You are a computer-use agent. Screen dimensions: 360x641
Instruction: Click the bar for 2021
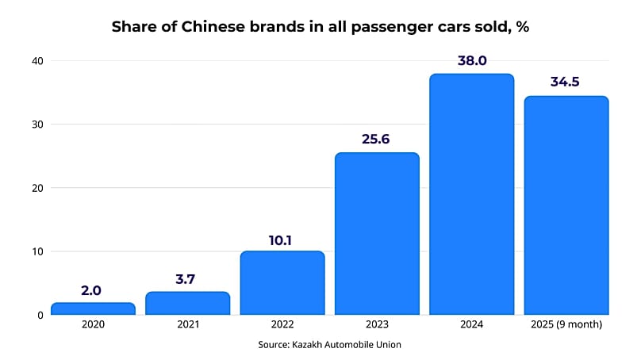pos(187,303)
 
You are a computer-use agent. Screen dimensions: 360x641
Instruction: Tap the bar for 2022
pos(282,283)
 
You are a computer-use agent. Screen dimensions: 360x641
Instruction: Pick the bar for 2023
pos(377,234)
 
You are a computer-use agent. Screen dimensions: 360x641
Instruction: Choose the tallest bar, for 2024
pos(471,194)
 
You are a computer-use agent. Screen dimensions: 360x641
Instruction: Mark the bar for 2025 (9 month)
pos(566,205)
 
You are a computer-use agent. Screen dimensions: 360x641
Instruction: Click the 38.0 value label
pos(471,60)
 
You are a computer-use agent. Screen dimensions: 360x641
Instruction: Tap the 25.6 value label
pos(377,139)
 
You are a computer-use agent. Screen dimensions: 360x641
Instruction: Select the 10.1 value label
pos(282,238)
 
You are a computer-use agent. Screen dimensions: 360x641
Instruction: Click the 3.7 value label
pos(187,278)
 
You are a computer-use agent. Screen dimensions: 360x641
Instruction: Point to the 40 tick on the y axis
pos(37,61)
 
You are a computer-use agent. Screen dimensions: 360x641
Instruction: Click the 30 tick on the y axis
pos(37,124)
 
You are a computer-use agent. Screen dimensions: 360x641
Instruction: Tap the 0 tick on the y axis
pos(40,315)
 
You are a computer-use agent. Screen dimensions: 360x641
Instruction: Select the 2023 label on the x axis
pos(377,326)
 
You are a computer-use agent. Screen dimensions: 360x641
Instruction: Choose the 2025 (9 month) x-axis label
pos(566,326)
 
